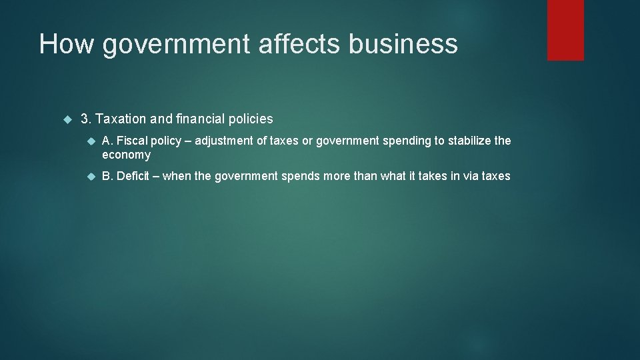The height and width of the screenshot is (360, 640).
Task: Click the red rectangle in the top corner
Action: tap(565, 29)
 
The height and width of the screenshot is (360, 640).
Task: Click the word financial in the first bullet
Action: tap(195, 119)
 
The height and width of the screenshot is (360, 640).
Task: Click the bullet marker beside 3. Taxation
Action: tap(66, 119)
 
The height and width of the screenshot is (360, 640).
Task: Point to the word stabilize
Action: tap(468, 141)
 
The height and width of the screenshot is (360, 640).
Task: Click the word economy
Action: tap(126, 155)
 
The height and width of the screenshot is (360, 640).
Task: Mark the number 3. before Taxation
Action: tap(86, 119)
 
